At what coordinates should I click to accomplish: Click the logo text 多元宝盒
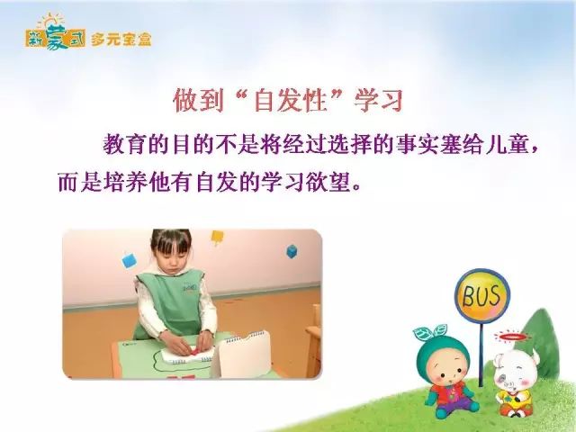[121, 40]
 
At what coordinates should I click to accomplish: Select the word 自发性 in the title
[291, 100]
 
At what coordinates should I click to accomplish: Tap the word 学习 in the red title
[379, 100]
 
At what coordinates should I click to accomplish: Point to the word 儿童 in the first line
[508, 145]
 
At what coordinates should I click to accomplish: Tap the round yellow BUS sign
[482, 295]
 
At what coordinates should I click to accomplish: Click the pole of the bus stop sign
[481, 354]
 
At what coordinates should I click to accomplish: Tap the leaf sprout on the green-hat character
[431, 332]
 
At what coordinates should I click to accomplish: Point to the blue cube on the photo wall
[292, 251]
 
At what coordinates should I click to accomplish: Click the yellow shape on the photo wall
[217, 237]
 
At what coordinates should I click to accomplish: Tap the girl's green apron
[170, 301]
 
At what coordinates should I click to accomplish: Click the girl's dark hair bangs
[172, 239]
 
